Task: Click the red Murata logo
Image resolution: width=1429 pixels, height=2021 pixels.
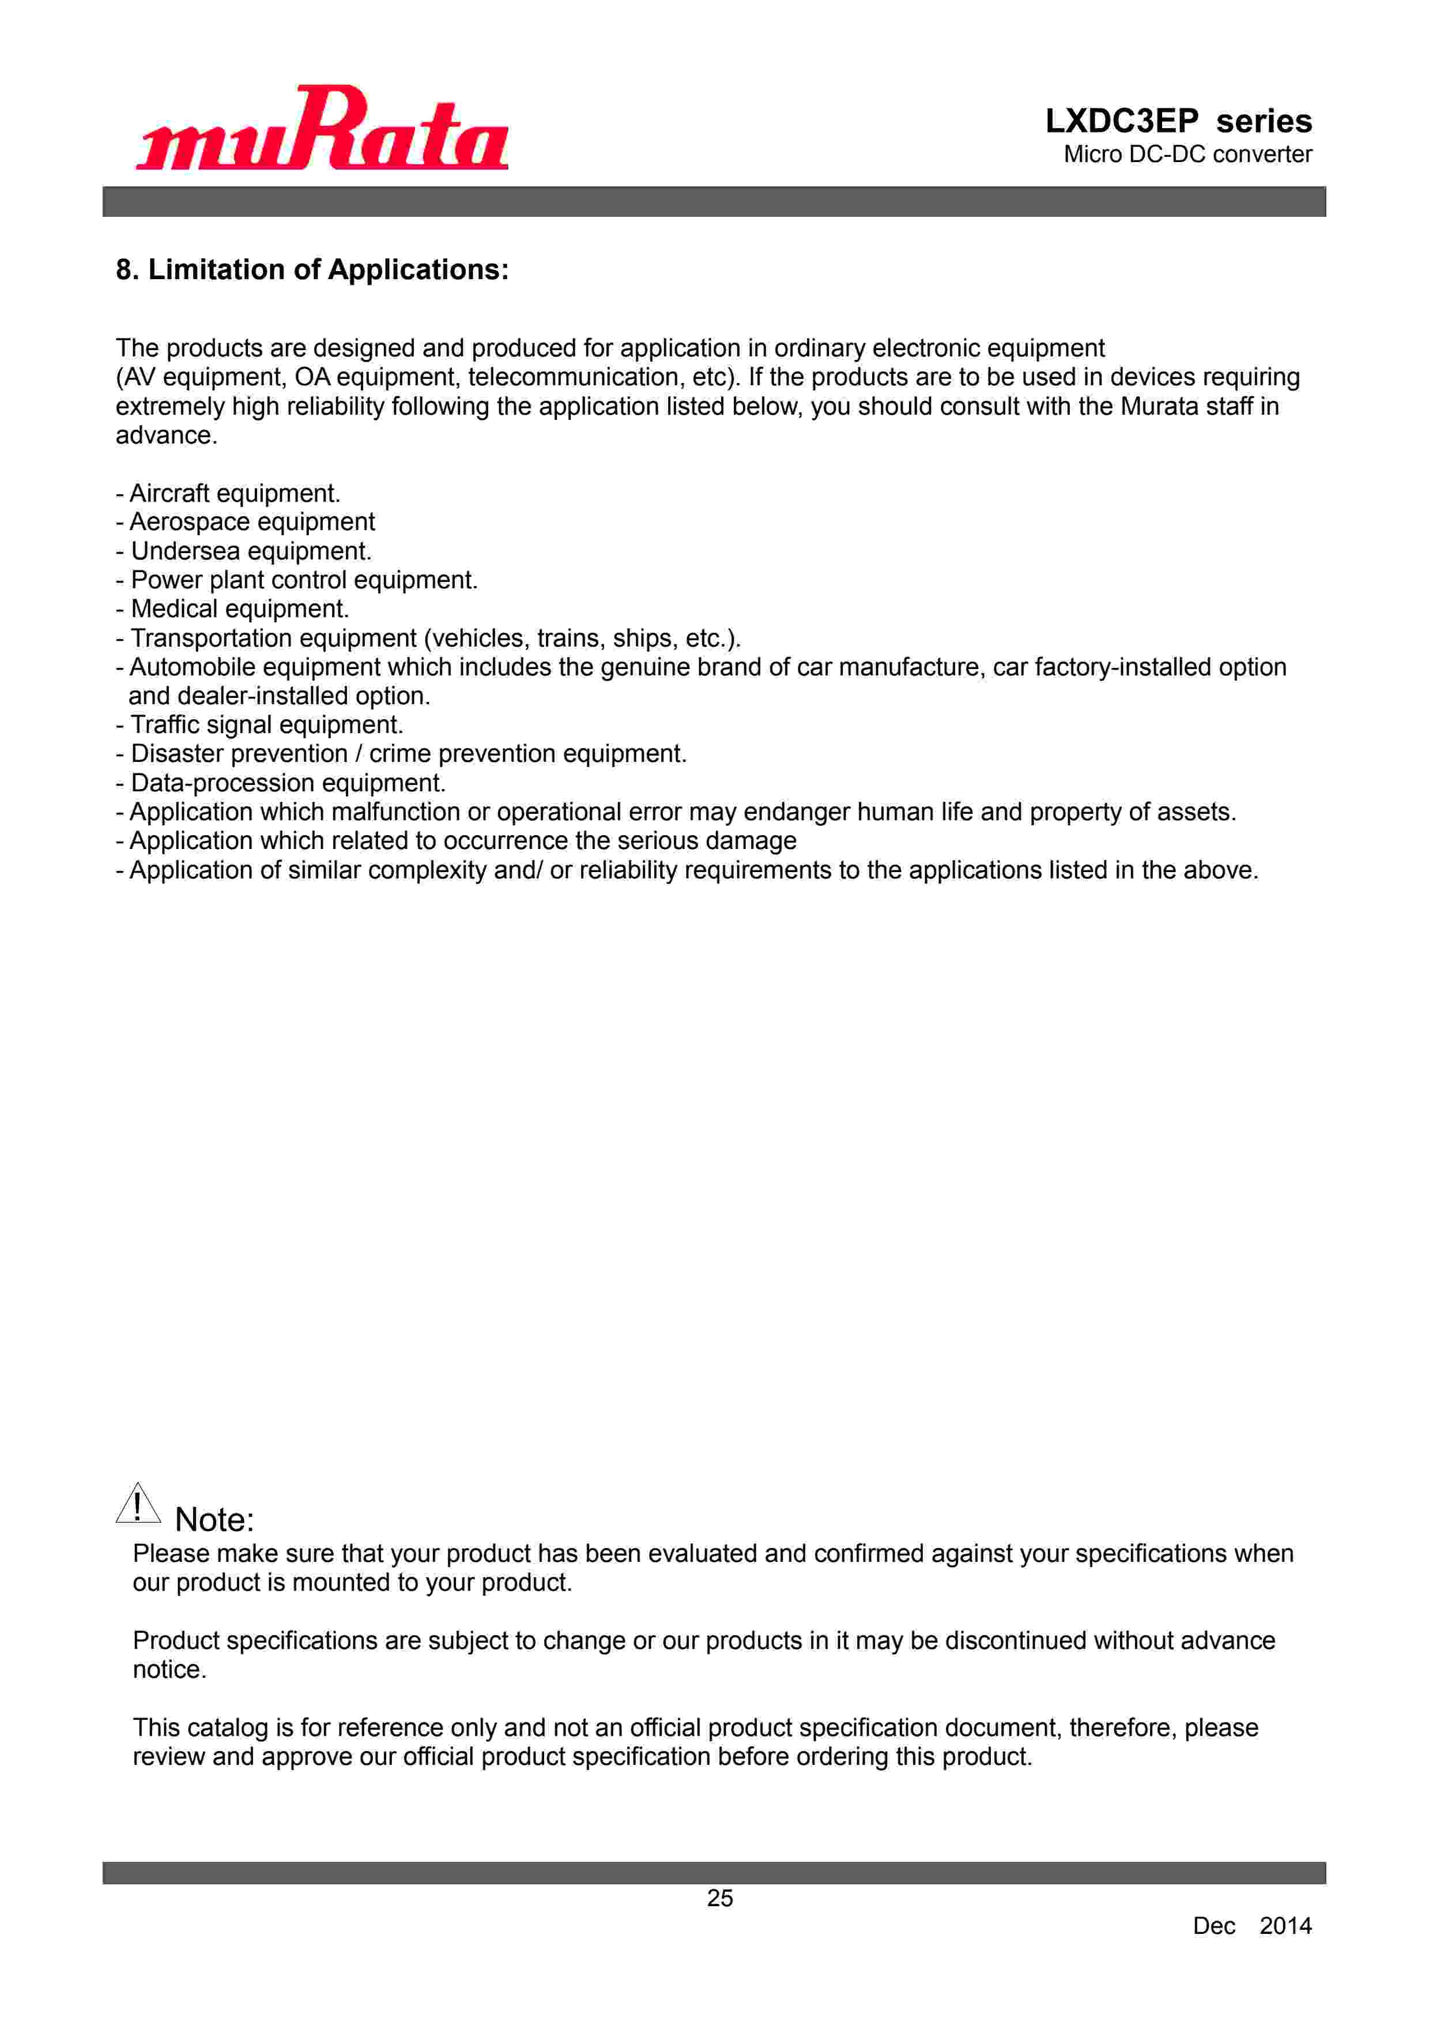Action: (322, 129)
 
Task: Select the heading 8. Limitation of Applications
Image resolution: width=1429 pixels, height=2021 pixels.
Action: (312, 269)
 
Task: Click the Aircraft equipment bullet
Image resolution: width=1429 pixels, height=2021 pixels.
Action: (228, 493)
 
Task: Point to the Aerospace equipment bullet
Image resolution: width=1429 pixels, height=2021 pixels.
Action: (246, 522)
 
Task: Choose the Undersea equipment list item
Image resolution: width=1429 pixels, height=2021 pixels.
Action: (244, 551)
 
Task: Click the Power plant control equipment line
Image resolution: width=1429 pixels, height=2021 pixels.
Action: (296, 580)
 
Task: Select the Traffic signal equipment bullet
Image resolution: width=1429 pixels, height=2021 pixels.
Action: (259, 724)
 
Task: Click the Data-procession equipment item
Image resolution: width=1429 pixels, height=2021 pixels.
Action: (281, 783)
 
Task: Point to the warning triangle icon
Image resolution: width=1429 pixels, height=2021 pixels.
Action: (138, 1504)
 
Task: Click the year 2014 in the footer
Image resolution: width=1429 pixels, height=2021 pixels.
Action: (1285, 1926)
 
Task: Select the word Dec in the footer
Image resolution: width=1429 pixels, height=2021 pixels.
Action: (1213, 1926)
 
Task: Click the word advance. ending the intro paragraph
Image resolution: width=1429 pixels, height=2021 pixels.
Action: (167, 435)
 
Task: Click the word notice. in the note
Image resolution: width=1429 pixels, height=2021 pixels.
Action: (169, 1670)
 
